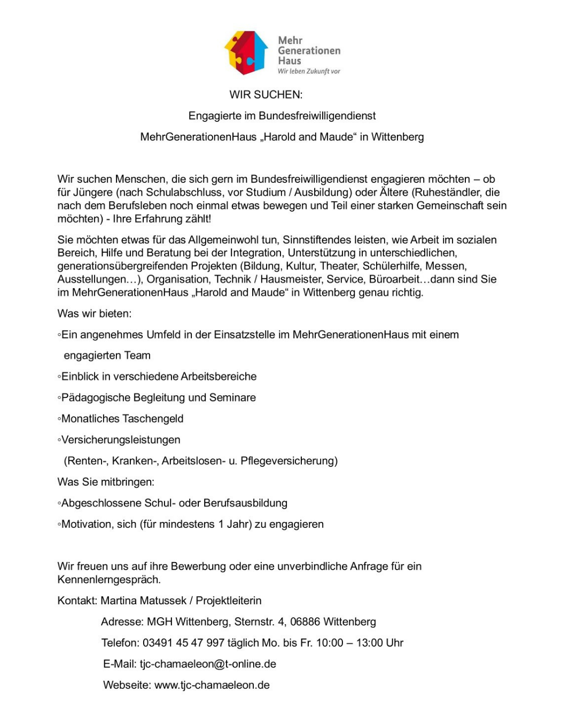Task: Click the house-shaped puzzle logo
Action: pos(246,52)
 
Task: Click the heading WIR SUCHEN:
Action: pos(266,95)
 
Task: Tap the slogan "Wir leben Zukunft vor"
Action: pos(309,71)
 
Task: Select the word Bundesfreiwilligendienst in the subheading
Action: pos(317,116)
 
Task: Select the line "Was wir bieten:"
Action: pos(95,313)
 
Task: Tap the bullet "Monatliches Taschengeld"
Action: pos(122,419)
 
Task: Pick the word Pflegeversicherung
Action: pos(289,461)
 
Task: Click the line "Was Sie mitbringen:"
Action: pos(106,482)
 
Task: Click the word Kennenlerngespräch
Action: pos(109,580)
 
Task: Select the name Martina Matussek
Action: pos(143,601)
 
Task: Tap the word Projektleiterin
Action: pos(229,601)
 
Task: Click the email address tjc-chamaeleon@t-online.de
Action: pos(208,664)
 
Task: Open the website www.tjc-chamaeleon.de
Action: pos(212,685)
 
